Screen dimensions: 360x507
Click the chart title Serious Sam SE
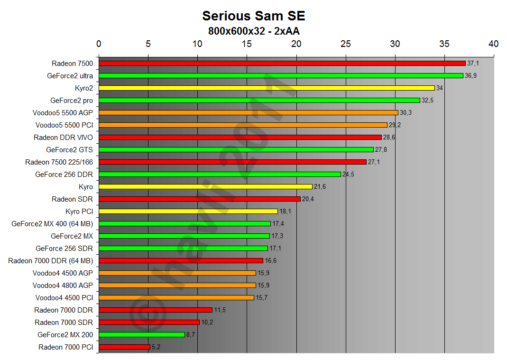(x=253, y=16)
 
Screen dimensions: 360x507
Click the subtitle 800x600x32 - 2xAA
(x=253, y=31)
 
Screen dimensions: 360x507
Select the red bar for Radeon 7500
(x=282, y=63)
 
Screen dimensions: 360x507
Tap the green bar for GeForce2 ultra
(x=281, y=75)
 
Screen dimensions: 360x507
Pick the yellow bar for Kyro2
(x=267, y=88)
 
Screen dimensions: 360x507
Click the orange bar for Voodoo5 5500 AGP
(x=248, y=112)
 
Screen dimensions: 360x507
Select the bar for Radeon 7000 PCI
(x=124, y=347)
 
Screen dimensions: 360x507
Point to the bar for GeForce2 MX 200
(x=141, y=334)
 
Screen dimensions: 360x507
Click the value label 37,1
(x=473, y=63)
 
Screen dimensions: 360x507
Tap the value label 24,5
(x=349, y=175)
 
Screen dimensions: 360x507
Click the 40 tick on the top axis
(x=493, y=44)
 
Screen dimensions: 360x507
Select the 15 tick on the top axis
(x=247, y=44)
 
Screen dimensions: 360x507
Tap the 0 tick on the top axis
(x=99, y=44)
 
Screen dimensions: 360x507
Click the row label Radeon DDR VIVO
(x=63, y=137)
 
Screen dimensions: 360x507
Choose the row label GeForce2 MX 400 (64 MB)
(x=52, y=223)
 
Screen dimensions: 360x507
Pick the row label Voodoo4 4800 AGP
(x=63, y=285)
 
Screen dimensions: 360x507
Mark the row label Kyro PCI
(x=79, y=211)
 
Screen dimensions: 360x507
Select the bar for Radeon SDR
(x=199, y=199)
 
